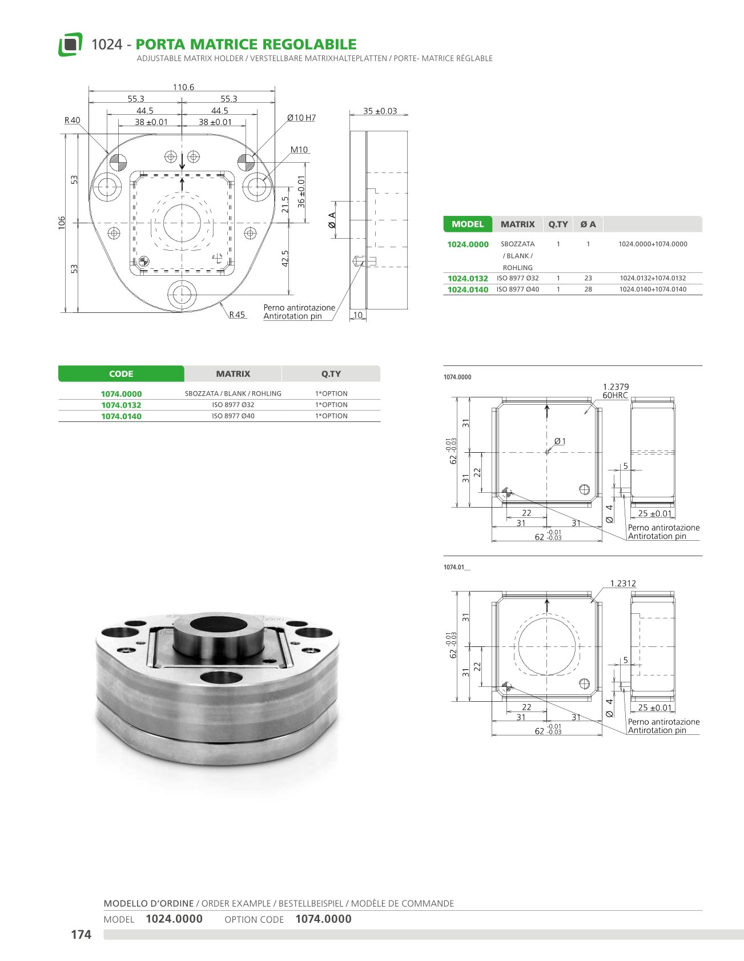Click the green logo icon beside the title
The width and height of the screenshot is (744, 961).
pyautogui.click(x=70, y=45)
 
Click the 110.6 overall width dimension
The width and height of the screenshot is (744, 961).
pyautogui.click(x=183, y=87)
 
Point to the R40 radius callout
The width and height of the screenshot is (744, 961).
pyautogui.click(x=73, y=120)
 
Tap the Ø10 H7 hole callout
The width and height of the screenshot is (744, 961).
pyautogui.click(x=301, y=118)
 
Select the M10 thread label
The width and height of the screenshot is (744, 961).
pyautogui.click(x=299, y=150)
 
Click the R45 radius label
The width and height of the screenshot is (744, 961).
pyautogui.click(x=237, y=315)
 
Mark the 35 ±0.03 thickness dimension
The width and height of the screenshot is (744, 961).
pyautogui.click(x=380, y=111)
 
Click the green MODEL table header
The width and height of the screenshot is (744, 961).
pyautogui.click(x=468, y=224)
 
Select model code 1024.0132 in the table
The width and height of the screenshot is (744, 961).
pyautogui.click(x=468, y=279)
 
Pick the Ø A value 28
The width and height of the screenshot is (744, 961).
pyautogui.click(x=588, y=289)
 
